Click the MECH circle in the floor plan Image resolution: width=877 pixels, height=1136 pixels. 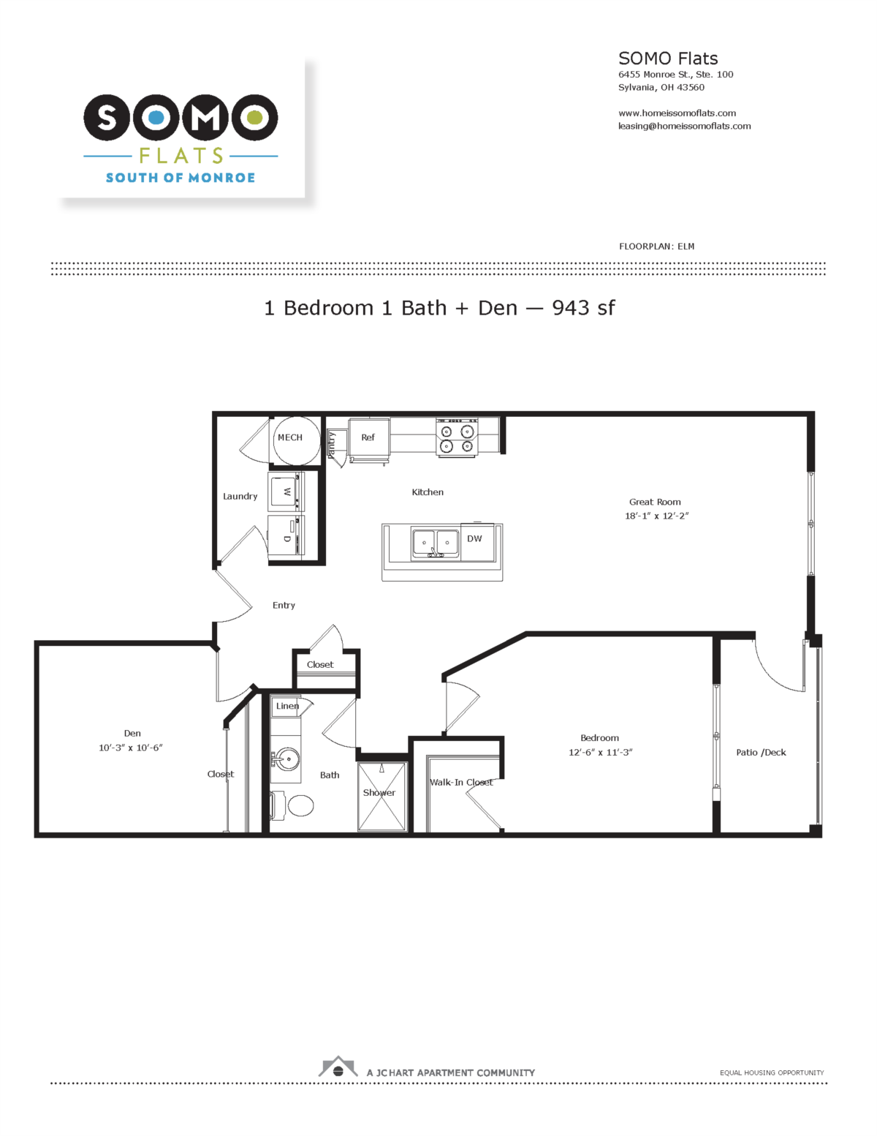coord(297,440)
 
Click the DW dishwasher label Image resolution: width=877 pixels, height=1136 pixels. coord(474,538)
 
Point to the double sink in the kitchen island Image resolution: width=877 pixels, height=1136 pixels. coord(435,544)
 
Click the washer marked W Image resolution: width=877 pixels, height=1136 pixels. coord(286,492)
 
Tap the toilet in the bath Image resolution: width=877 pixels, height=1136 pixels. coord(292,805)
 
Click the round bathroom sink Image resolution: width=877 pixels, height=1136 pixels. coord(287,759)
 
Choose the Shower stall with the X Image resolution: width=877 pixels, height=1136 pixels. coord(381,797)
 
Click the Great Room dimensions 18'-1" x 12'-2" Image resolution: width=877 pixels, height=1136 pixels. coord(656,516)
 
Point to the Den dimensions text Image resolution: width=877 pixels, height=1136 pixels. coord(131,748)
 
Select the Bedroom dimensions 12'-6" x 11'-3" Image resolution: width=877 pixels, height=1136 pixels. coord(600,752)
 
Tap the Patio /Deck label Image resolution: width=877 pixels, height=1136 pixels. coord(761,752)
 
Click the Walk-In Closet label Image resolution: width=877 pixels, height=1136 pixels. coord(461,782)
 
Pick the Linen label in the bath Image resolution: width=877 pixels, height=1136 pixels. coord(287,706)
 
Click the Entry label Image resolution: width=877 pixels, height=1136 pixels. coord(284,606)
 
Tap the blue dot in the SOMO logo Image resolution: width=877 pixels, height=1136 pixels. coord(156,118)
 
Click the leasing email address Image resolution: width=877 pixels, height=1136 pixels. coord(684,126)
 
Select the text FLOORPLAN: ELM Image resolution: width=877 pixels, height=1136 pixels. coord(656,247)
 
